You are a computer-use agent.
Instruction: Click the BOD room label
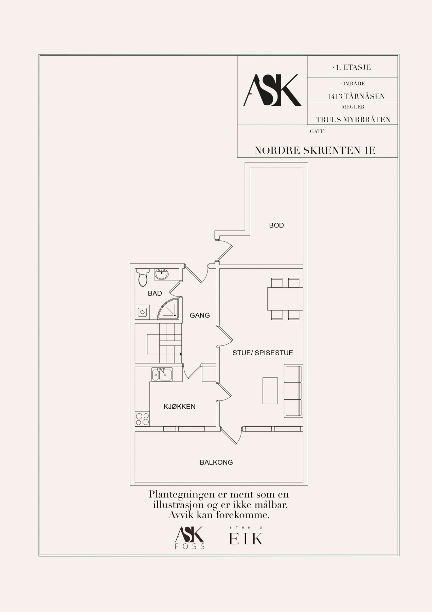pos(276,225)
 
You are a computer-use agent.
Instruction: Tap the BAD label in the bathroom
pos(155,293)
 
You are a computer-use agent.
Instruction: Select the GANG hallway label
pos(200,316)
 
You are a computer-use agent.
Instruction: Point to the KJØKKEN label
pos(179,407)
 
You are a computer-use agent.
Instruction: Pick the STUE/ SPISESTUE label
pos(263,353)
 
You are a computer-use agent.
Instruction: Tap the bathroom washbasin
pos(161,274)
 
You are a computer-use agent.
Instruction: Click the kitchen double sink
pos(162,374)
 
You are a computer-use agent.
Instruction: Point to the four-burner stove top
pos(142,419)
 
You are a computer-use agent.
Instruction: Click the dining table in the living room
pos(285,299)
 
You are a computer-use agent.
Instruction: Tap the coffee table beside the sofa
pos(270,391)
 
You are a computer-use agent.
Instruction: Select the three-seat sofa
pos(293,391)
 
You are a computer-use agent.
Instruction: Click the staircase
pos(158,343)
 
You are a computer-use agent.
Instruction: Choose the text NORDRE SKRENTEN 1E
pos(315,151)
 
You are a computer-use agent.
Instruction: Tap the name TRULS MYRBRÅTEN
pos(353,120)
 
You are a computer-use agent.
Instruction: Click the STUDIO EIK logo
pos(246,535)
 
